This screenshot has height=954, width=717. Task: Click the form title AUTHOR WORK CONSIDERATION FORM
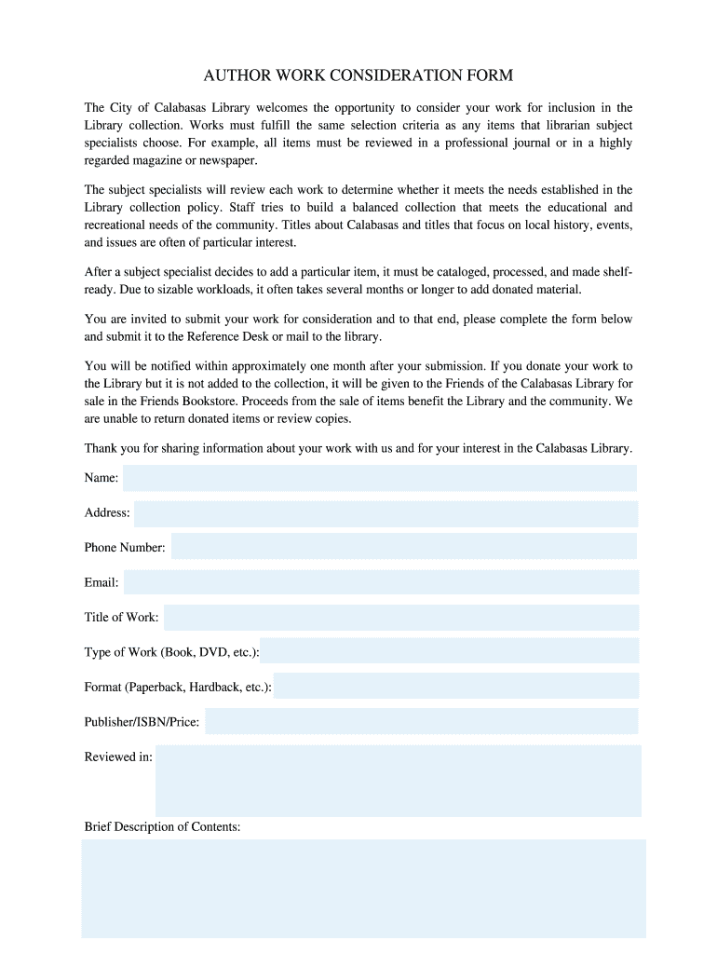(x=358, y=75)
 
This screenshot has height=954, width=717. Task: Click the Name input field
(x=380, y=478)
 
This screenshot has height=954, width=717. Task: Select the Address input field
(x=386, y=513)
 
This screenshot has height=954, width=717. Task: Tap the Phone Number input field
(x=404, y=547)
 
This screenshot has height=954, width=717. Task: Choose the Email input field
(x=381, y=582)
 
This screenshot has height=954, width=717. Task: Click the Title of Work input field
(x=400, y=617)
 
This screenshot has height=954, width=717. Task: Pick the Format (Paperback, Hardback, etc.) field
(x=456, y=687)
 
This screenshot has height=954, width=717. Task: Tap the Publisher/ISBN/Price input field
(x=421, y=721)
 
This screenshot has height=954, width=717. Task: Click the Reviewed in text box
(x=398, y=781)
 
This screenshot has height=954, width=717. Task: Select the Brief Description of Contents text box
(x=363, y=888)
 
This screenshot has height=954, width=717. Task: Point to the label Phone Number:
(x=125, y=548)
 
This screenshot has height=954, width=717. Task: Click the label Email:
(x=101, y=583)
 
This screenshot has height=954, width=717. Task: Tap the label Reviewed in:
(x=118, y=757)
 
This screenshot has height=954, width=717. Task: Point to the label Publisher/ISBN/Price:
(x=142, y=722)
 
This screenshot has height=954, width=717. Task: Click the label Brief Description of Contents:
(x=162, y=826)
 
